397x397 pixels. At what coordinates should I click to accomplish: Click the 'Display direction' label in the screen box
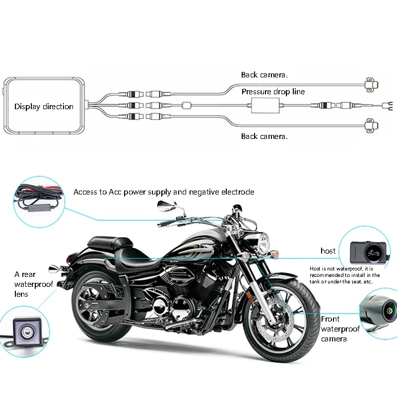(44, 107)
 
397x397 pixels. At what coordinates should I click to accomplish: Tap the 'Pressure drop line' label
(273, 92)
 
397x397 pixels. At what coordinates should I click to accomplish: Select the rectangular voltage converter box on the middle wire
(265, 106)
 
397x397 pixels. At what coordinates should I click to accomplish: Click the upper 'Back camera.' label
(265, 75)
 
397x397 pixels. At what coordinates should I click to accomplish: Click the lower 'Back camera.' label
(265, 136)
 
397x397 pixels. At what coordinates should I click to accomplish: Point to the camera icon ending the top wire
(371, 84)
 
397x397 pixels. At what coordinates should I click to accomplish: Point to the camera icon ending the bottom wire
(371, 126)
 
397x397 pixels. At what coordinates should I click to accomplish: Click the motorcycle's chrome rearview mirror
(167, 205)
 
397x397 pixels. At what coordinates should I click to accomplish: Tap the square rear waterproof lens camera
(27, 332)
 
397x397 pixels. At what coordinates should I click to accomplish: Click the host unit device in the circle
(368, 253)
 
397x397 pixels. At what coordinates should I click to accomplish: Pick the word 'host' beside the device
(328, 251)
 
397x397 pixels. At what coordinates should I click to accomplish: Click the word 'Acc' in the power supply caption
(115, 192)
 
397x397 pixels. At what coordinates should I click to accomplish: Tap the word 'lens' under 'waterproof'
(21, 294)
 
